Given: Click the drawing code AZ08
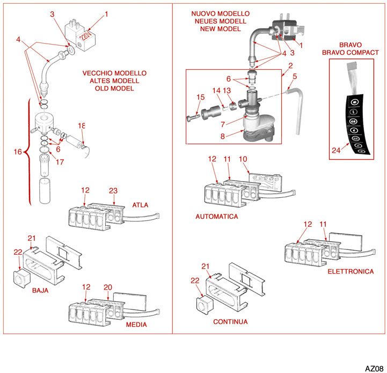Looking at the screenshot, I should [374, 368].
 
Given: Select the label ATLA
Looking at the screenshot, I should [140, 205].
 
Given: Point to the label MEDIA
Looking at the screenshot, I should [136, 325].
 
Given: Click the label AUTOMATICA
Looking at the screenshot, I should [217, 216].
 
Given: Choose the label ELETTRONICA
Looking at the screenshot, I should [351, 271].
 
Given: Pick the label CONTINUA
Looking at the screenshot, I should [230, 321].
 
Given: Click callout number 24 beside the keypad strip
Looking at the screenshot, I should [336, 151].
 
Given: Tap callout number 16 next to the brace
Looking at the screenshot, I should [18, 152].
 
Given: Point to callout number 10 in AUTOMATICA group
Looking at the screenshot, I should [243, 159].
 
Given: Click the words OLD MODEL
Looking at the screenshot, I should [114, 88].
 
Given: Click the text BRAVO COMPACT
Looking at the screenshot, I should [351, 52].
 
